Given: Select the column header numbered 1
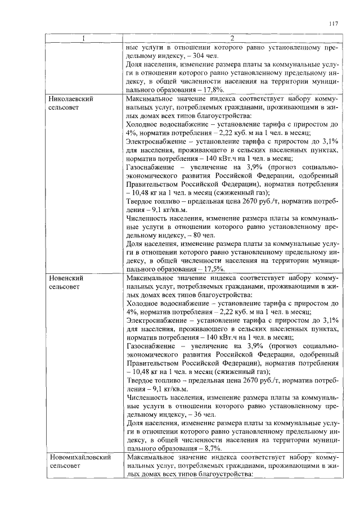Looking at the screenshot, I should click(x=84, y=38).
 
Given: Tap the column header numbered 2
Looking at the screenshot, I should click(x=232, y=38).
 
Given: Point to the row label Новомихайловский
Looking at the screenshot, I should click(x=79, y=457).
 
